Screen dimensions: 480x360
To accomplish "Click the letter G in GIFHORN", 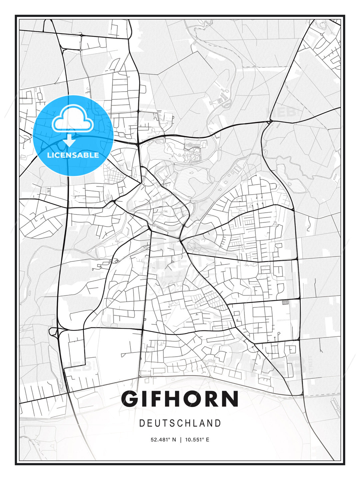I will (131, 399).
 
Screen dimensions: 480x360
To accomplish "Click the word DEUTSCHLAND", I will (180, 423).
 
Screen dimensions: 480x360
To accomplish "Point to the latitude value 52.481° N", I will (163, 440).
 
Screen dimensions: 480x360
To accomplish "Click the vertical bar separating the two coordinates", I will (180, 440).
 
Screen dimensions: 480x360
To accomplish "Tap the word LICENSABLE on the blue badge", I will (73, 155).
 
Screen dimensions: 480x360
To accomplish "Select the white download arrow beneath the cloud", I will (69, 140).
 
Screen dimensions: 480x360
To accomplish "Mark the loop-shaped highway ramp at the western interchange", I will (53, 331).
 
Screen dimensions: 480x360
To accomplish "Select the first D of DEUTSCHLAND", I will (142, 423).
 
